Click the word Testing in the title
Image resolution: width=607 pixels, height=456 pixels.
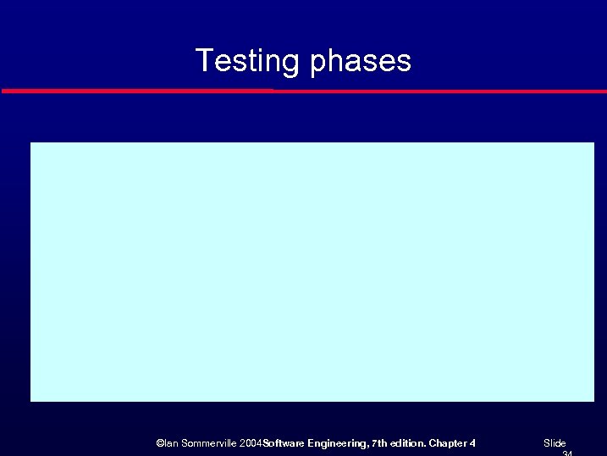click(247, 61)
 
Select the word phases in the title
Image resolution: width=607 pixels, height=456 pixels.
click(361, 62)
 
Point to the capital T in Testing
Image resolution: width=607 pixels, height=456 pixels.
click(203, 60)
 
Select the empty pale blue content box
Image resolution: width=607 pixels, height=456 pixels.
click(312, 271)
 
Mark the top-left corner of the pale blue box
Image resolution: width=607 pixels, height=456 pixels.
click(31, 143)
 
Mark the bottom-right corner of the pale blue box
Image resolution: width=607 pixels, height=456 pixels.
click(593, 400)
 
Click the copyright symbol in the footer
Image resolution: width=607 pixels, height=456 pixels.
click(160, 443)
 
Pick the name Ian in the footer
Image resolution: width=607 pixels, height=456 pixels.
click(171, 443)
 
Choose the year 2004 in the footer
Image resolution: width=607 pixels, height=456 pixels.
click(251, 443)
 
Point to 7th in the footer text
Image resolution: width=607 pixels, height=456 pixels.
click(378, 443)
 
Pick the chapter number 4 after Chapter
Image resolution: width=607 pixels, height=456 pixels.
click(472, 443)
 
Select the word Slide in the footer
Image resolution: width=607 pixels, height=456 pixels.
click(555, 443)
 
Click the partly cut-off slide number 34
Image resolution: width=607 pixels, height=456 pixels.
click(567, 453)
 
